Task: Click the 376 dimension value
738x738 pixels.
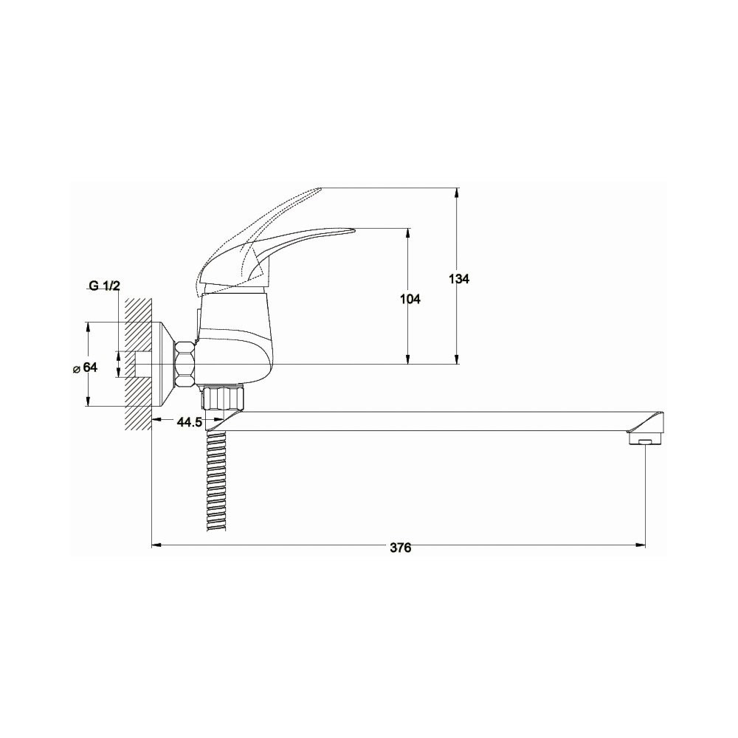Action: [x=400, y=548]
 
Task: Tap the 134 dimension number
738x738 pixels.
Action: [x=459, y=279]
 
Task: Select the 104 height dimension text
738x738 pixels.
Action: [x=410, y=299]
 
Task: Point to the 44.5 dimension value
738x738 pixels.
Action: [x=189, y=422]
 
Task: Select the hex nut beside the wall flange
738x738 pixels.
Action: [x=185, y=365]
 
